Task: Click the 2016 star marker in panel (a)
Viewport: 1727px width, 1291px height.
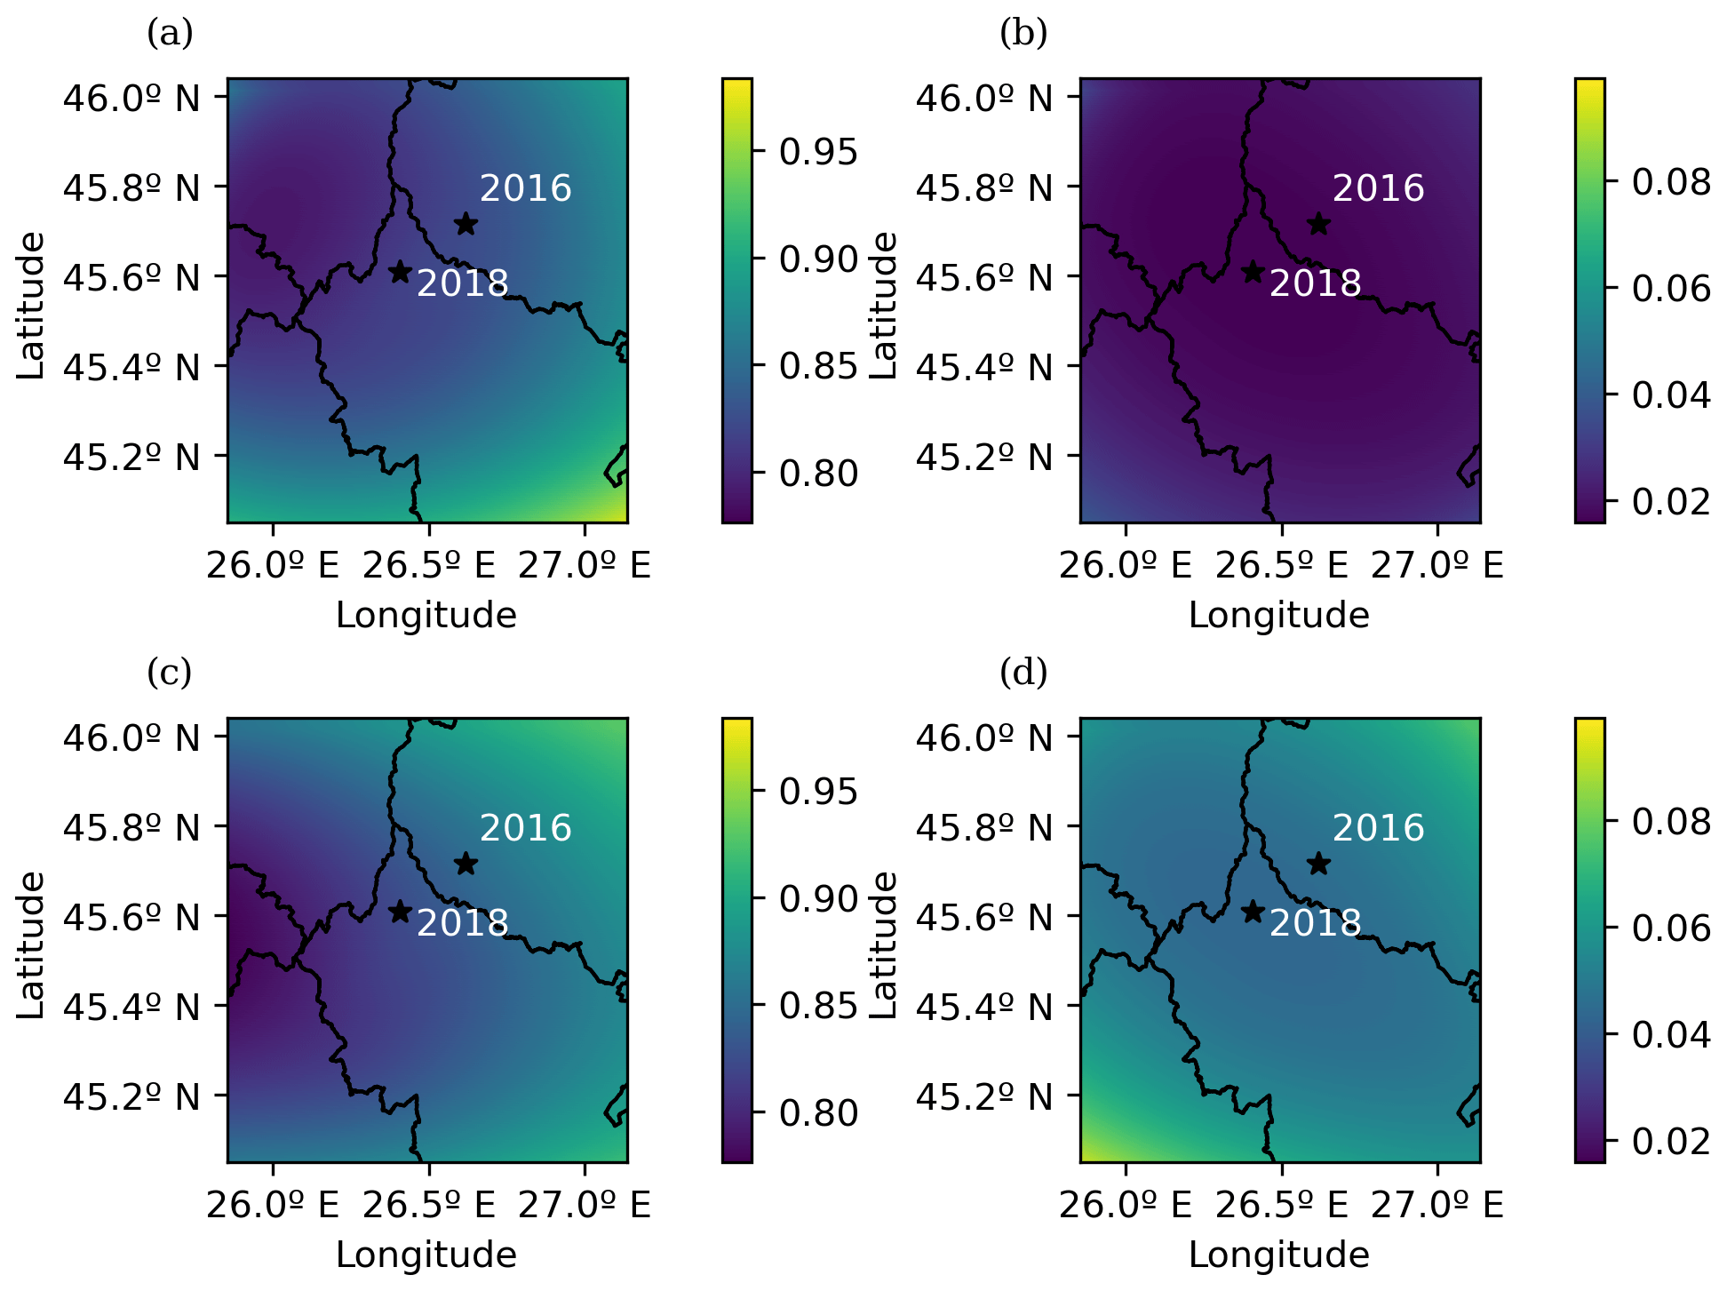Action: (466, 224)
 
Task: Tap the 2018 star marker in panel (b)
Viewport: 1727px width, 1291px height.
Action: (1253, 272)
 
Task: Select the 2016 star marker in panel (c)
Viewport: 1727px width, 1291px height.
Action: (466, 864)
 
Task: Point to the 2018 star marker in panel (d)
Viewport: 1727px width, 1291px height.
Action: (1253, 912)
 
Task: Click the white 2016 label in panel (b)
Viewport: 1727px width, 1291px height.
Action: (1378, 188)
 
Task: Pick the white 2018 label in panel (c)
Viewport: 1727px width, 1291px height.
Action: (462, 924)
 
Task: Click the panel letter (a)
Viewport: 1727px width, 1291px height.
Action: (170, 34)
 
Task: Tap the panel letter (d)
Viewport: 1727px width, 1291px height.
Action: (1023, 673)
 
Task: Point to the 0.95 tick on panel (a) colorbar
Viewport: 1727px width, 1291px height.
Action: (818, 152)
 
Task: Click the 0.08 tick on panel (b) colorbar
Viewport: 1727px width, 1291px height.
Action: (1671, 182)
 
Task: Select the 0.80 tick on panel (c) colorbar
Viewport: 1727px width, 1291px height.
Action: (818, 1113)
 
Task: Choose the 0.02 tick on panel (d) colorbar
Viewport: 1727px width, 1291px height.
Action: (1671, 1140)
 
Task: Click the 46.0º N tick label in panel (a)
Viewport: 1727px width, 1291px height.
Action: (131, 98)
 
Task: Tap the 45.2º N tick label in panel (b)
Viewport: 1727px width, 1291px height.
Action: (984, 457)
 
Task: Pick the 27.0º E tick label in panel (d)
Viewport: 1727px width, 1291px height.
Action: (1437, 1205)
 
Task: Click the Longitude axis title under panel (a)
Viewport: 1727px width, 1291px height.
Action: (426, 615)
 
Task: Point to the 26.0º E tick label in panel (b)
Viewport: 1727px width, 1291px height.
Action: (1126, 565)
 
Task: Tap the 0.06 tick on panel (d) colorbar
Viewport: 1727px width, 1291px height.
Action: (1671, 928)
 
